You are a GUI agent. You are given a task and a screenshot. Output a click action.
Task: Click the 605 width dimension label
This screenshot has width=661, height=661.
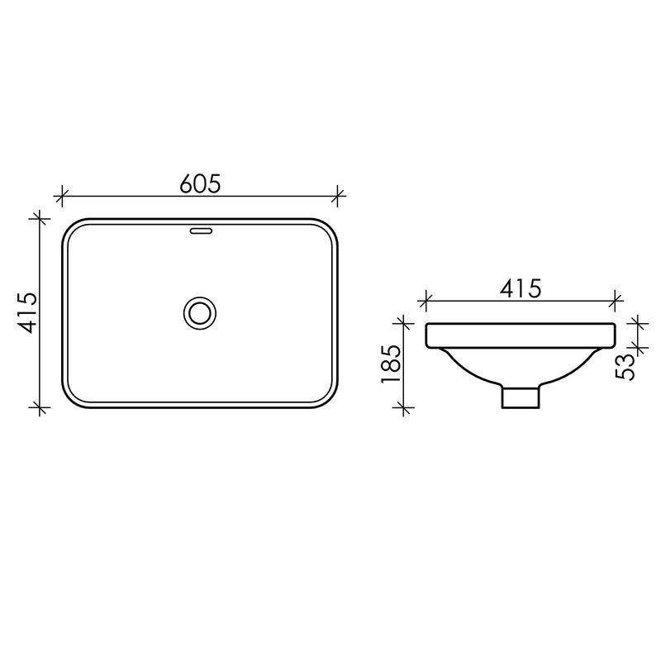pyautogui.click(x=200, y=183)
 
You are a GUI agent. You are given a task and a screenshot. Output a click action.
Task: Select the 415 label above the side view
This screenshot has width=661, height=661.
pyautogui.click(x=521, y=288)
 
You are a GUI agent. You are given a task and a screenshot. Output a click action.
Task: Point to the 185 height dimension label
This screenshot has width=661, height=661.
pyautogui.click(x=390, y=364)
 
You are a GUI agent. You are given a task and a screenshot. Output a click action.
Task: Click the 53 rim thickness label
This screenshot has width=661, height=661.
pyautogui.click(x=625, y=367)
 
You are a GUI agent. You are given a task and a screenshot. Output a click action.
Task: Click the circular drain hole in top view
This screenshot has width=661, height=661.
pyautogui.click(x=200, y=313)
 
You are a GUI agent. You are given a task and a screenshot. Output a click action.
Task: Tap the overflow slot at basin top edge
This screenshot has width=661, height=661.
pyautogui.click(x=202, y=231)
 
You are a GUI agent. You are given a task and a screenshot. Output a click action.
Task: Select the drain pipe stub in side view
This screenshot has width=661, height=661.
pyautogui.click(x=521, y=397)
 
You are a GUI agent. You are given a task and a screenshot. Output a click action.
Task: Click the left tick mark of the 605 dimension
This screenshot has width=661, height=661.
pyautogui.click(x=61, y=196)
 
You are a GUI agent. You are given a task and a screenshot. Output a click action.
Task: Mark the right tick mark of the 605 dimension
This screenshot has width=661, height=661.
pyautogui.click(x=337, y=196)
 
